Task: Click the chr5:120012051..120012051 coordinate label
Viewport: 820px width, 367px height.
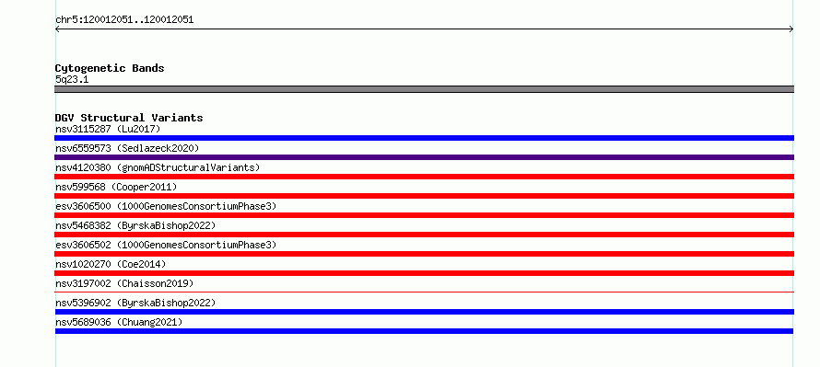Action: (x=124, y=20)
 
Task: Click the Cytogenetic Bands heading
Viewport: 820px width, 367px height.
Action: (x=110, y=68)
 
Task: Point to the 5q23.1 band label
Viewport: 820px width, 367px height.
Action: (x=72, y=80)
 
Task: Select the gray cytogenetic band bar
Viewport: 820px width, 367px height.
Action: (x=424, y=89)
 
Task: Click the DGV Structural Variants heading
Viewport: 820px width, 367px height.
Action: (x=129, y=118)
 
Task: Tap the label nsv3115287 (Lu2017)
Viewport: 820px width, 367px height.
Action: (x=108, y=129)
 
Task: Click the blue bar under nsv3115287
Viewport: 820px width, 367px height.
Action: (x=424, y=138)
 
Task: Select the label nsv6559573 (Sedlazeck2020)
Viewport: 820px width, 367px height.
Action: (x=127, y=148)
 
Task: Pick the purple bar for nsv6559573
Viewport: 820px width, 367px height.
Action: (x=424, y=157)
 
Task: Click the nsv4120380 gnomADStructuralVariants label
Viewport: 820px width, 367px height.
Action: (x=158, y=167)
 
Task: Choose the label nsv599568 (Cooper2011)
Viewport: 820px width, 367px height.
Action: (x=116, y=187)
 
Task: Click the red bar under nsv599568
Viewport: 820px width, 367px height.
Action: (x=424, y=196)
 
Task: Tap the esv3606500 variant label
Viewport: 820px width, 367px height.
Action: (x=166, y=206)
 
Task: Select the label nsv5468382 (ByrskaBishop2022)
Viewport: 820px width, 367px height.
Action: (x=135, y=225)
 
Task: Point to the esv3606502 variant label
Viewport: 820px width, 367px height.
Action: (x=166, y=245)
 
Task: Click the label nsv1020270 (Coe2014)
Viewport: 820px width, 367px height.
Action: (x=111, y=264)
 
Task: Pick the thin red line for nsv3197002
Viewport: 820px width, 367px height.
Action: (x=424, y=292)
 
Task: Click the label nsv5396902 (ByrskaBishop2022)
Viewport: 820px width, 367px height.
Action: (x=135, y=303)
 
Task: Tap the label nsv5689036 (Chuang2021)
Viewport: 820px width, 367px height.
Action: (x=119, y=322)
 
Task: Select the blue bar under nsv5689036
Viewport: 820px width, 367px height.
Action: (x=424, y=331)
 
